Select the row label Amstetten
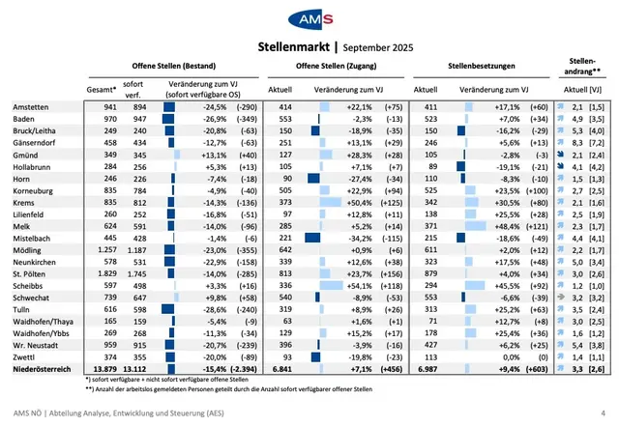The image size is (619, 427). [x=33, y=107]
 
